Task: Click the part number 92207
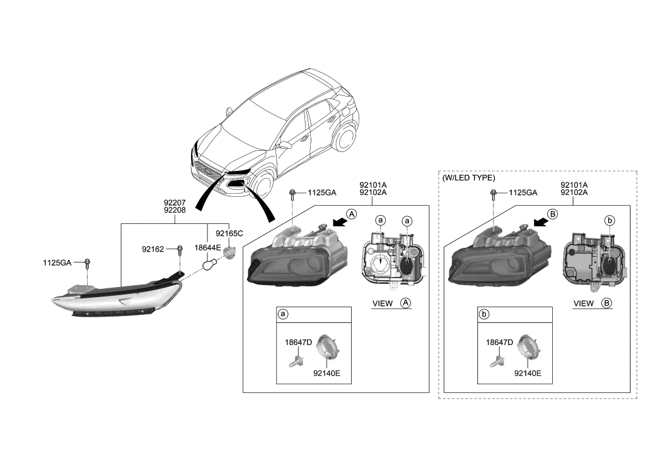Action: pyautogui.click(x=175, y=202)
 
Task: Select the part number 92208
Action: pyautogui.click(x=175, y=210)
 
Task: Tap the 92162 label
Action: pyautogui.click(x=153, y=250)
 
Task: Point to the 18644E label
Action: pyautogui.click(x=207, y=249)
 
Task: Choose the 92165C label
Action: pyautogui.click(x=229, y=233)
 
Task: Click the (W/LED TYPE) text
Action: pyautogui.click(x=469, y=178)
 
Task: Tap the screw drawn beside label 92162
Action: pyautogui.click(x=180, y=250)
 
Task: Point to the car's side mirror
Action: pyautogui.click(x=285, y=144)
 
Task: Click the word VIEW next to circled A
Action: pyautogui.click(x=383, y=303)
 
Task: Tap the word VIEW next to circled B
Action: pyautogui.click(x=584, y=303)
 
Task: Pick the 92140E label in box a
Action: pyautogui.click(x=326, y=373)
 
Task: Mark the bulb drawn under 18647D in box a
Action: pyautogui.click(x=296, y=361)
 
